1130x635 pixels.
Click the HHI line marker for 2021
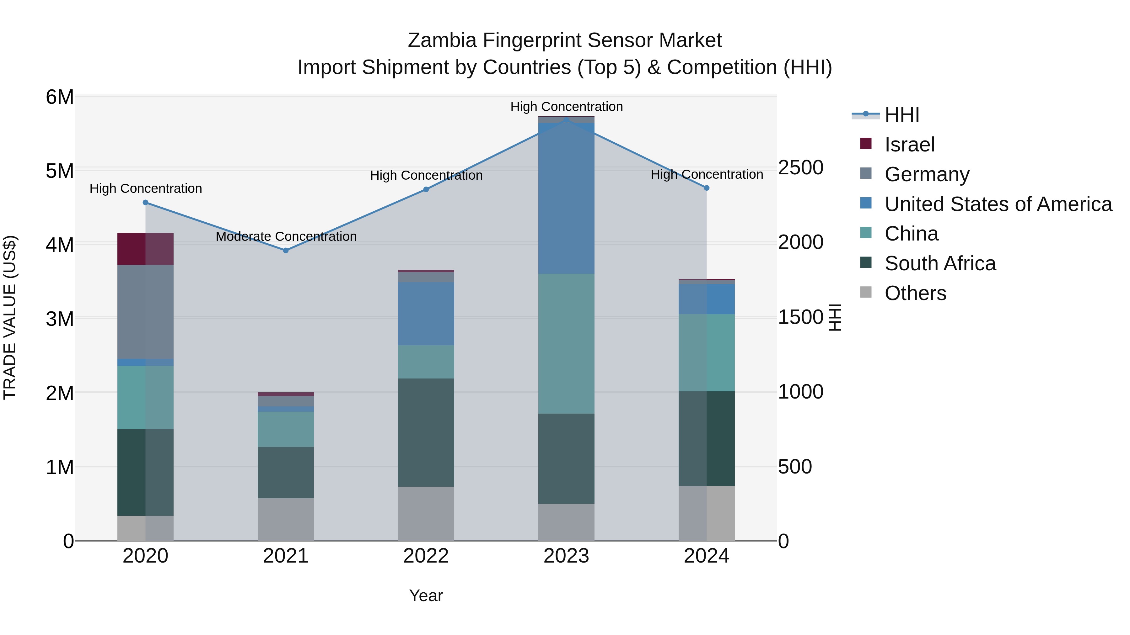[x=286, y=251]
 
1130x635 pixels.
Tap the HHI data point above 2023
[x=566, y=120]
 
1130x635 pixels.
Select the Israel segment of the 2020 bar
[x=145, y=249]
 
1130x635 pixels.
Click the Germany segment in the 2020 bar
[x=145, y=312]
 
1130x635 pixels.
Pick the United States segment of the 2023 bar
[x=566, y=198]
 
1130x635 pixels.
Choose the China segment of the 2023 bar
[x=566, y=344]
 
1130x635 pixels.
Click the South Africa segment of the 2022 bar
[x=426, y=432]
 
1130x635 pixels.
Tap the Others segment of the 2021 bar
[x=286, y=519]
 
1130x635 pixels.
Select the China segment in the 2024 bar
[x=706, y=353]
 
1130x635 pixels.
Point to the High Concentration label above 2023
[x=566, y=107]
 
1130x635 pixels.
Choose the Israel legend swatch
[x=865, y=143]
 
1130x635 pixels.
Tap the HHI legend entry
[x=901, y=115]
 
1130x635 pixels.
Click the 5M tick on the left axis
[x=60, y=171]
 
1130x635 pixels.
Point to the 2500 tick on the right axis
[x=800, y=168]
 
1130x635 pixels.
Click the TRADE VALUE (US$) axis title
[x=10, y=317]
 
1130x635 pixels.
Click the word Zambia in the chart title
[x=442, y=41]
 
